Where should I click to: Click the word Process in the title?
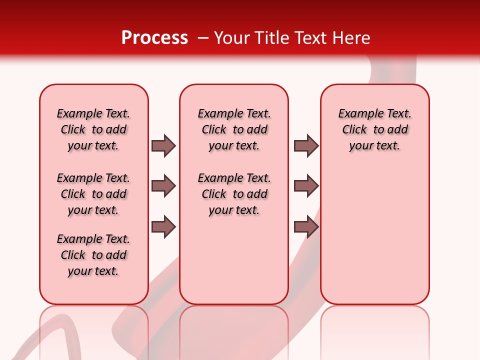(154, 38)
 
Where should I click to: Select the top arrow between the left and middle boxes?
(163, 145)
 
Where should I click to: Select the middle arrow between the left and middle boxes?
(163, 186)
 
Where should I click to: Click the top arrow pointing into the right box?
(306, 145)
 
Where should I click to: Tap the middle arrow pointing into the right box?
(306, 186)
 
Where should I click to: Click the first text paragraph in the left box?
(93, 129)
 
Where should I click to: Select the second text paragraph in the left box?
(93, 194)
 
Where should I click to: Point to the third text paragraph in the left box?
(93, 255)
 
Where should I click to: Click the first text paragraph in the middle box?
(234, 129)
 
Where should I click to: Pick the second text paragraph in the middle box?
(234, 194)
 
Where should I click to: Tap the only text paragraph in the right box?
(374, 129)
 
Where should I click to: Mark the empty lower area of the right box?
(374, 235)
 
